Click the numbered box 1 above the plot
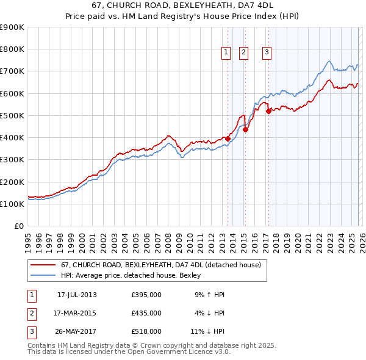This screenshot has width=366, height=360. tap(226, 53)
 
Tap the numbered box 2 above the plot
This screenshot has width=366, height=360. tap(243, 53)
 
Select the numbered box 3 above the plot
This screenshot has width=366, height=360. tap(267, 53)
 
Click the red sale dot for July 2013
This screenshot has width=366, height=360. tap(228, 139)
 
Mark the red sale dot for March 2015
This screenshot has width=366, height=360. tap(246, 129)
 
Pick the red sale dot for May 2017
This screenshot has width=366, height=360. tap(269, 111)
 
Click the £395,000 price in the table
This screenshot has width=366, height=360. tap(146, 295)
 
